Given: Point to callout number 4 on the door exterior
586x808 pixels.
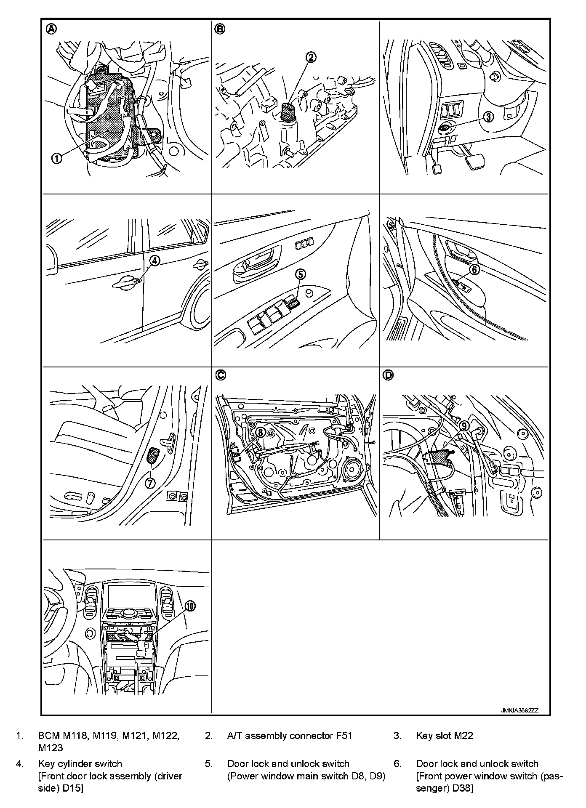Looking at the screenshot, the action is pos(155,260).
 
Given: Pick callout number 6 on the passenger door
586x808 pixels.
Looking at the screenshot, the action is pos(474,269).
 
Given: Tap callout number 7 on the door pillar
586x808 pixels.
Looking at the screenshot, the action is pos(150,484).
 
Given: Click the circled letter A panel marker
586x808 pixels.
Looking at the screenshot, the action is pos(51,29).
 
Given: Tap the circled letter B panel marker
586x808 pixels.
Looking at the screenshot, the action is pos(220,29).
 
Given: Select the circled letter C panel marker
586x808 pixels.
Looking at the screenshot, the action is pos(220,375).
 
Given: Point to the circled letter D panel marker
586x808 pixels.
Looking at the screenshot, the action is pos(388,375).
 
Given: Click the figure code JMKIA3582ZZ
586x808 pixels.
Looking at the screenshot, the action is pos(520,710).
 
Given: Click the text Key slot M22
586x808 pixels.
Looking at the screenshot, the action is pos(445,736).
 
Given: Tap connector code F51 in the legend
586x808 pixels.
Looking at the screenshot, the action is pos(344,736).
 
